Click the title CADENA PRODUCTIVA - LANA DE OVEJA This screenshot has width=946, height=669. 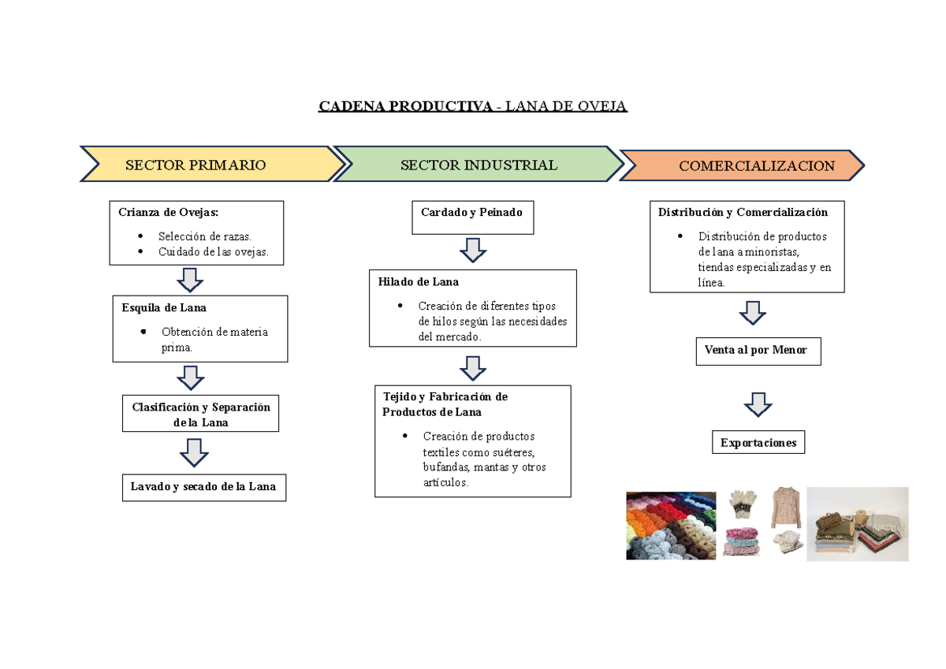point(472,106)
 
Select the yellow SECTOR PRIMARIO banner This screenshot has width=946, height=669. point(212,164)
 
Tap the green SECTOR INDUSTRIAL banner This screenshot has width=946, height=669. point(479,164)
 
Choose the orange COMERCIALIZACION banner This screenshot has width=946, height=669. point(743,165)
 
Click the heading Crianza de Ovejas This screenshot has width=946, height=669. point(168,212)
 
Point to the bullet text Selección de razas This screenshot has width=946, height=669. point(205,236)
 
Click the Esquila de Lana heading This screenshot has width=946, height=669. point(164,307)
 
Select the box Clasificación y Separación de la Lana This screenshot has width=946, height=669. point(200,413)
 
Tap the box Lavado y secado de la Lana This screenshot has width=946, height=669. point(204,488)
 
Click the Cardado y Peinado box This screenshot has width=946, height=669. point(472,217)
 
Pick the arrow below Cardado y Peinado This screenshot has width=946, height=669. point(472,250)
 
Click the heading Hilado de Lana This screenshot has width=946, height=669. point(418,281)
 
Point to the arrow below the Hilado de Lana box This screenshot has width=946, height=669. point(472,368)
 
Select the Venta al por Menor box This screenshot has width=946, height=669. point(758,351)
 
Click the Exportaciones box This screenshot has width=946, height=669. point(758,442)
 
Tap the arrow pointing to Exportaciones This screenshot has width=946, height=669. point(758,405)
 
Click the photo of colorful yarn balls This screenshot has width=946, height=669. point(671,526)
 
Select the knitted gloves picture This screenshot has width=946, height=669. point(743,504)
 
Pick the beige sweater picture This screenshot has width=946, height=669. point(786,507)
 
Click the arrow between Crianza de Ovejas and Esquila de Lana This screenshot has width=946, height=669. point(190,280)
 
